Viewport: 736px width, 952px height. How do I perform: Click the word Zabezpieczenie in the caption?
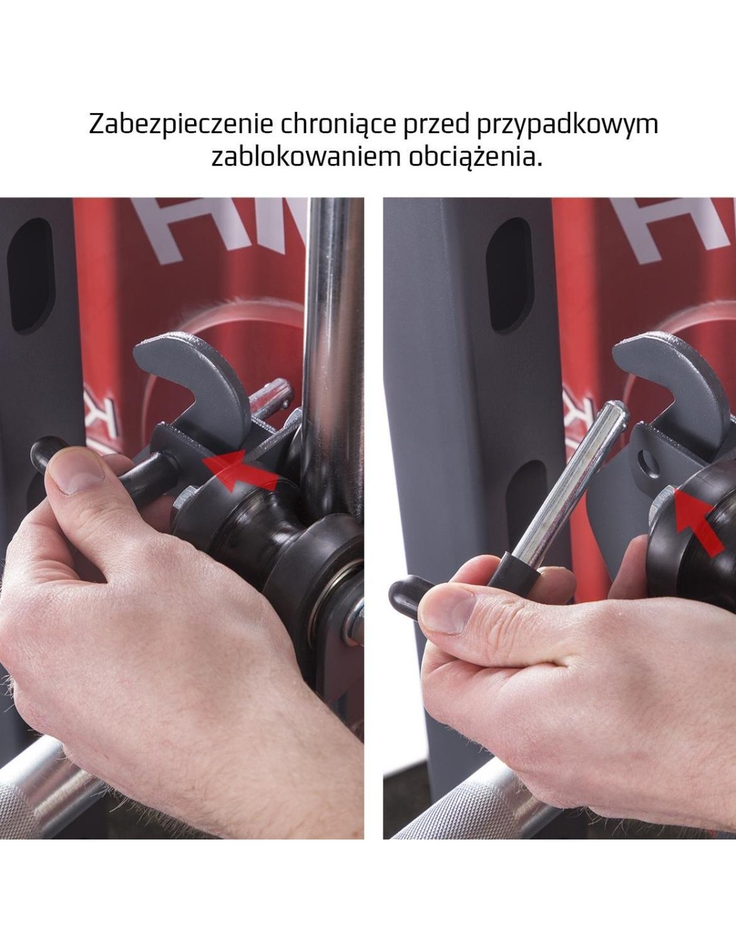pyautogui.click(x=181, y=125)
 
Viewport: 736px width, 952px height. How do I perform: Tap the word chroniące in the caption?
pyautogui.click(x=339, y=125)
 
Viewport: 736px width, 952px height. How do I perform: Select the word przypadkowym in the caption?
pyautogui.click(x=567, y=125)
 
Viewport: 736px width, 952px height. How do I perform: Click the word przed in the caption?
pyautogui.click(x=436, y=125)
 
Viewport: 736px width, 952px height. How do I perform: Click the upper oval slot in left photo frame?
pyautogui.click(x=31, y=275)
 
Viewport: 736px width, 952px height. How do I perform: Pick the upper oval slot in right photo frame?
pyautogui.click(x=509, y=275)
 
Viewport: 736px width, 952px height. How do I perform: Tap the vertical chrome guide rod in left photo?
pyautogui.click(x=334, y=351)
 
